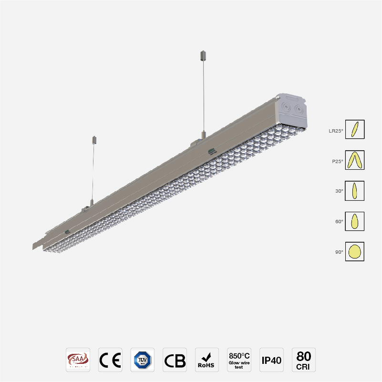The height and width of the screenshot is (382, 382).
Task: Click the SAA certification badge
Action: pos(78,360)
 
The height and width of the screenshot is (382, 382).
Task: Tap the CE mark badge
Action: pos(110,360)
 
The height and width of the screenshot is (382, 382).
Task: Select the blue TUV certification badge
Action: pos(142,360)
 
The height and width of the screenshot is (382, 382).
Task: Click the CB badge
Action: pos(175,360)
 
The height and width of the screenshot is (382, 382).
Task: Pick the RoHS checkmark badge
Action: pos(207,360)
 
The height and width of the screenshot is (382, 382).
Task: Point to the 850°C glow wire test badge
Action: pos(239,360)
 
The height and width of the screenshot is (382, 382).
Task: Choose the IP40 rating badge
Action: pos(271,360)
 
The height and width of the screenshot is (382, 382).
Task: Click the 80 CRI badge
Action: pos(304,360)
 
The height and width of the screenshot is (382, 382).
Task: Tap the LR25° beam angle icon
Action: pos(354,129)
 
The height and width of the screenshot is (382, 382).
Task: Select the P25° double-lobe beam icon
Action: pos(354,160)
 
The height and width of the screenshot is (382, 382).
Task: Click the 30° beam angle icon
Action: pos(354,191)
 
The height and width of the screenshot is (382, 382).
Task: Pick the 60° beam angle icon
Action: pos(354,221)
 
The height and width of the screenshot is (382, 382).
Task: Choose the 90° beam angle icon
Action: pos(354,251)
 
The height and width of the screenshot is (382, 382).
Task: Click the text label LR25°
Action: pos(335,131)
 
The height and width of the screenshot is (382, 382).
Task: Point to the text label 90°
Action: pos(339,252)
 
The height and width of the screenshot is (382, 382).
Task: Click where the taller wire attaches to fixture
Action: pos(204,136)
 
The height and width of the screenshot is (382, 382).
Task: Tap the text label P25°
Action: pos(337,161)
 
